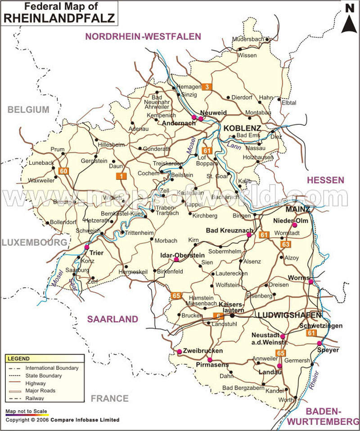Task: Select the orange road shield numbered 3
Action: coord(206,86)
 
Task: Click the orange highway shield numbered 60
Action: coord(63,171)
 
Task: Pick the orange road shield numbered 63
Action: coord(285,244)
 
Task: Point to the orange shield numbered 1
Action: coord(121,176)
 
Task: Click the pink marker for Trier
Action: coord(86,247)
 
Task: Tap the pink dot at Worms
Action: coord(310,281)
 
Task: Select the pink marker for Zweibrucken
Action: coord(179,351)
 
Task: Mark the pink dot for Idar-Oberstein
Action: coord(176,259)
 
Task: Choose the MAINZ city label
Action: coord(297,209)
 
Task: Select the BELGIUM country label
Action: coord(28,109)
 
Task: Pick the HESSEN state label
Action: coord(325,180)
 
